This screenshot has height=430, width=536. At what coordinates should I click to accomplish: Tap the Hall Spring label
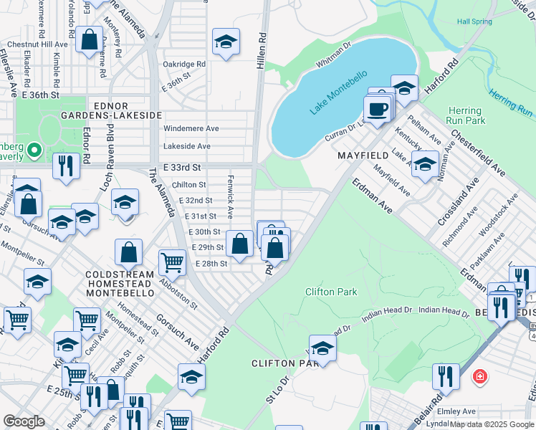point(474,21)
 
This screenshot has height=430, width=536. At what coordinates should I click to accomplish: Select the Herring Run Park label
point(465,116)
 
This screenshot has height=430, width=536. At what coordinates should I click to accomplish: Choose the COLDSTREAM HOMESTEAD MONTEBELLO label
point(120,284)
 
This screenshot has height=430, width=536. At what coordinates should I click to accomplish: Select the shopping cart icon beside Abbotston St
point(172,263)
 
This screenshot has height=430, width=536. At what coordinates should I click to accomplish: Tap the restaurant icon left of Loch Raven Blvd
point(66,166)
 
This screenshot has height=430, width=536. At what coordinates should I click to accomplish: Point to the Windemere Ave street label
point(191,129)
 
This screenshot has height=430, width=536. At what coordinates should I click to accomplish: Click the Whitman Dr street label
point(334,55)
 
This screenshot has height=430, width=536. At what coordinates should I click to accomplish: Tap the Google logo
point(24,421)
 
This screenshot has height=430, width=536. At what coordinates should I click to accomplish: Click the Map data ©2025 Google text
point(492,424)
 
